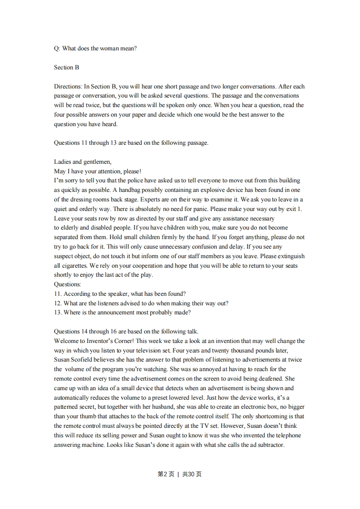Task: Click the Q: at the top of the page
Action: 57,49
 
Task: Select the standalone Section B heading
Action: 66,68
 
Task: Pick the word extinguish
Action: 289,256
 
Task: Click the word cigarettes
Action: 74,265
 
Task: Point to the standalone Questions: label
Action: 67,284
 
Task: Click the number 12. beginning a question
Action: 58,303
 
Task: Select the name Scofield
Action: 85,360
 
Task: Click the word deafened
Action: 271,378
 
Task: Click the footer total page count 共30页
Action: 192,474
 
